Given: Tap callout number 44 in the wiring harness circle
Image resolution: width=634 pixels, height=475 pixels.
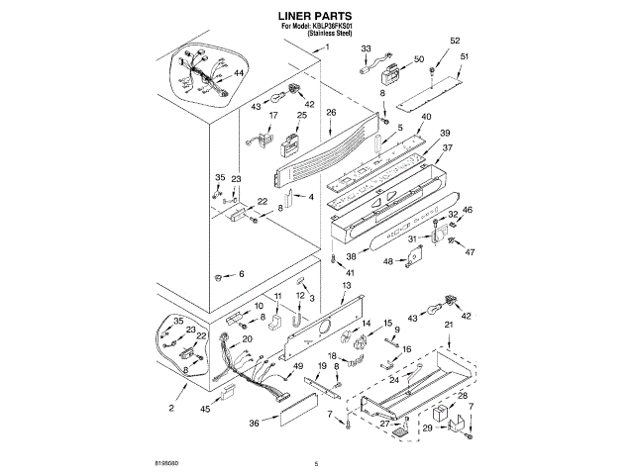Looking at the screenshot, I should [239, 73].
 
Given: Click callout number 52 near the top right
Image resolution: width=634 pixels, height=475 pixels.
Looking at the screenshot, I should [455, 41].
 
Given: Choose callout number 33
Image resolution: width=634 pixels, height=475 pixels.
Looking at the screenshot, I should [366, 48].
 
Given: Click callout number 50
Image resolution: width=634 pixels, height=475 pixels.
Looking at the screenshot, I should [418, 60].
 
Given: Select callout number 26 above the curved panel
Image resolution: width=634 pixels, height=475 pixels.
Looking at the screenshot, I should [330, 111].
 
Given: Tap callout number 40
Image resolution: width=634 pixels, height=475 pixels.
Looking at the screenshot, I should [426, 117].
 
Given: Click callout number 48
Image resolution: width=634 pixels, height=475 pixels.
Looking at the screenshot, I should [388, 261].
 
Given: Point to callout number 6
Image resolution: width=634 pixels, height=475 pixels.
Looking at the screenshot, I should [240, 273].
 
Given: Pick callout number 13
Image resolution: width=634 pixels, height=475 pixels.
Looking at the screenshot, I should [345, 285].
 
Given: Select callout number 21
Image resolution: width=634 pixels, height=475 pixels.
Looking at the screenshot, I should [448, 325].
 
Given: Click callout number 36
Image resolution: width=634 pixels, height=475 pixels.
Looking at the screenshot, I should [255, 423].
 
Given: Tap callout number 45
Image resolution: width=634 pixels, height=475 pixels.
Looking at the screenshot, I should [205, 408].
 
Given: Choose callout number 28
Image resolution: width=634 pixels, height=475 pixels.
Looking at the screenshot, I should [462, 395].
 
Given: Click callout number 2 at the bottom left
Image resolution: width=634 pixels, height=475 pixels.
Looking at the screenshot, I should [170, 408].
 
